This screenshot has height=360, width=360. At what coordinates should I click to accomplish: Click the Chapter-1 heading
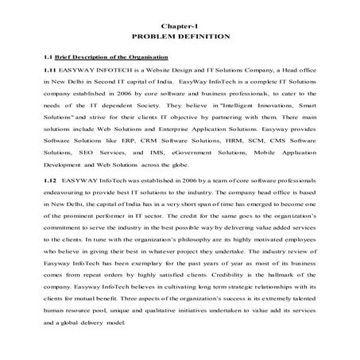pyautogui.click(x=180, y=25)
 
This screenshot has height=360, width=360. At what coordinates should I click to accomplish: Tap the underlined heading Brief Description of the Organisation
pyautogui.click(x=110, y=57)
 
